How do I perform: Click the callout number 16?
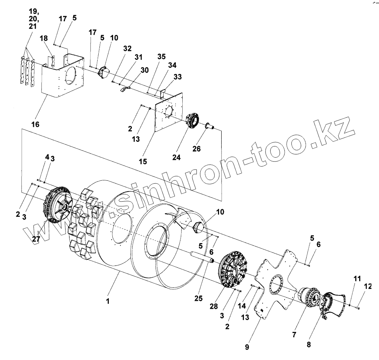(x=35, y=124)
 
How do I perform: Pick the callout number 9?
(x=247, y=347)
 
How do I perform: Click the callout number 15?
(x=143, y=162)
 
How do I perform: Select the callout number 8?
(x=309, y=344)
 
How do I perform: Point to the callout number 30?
(x=144, y=70)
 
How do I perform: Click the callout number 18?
(x=44, y=39)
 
